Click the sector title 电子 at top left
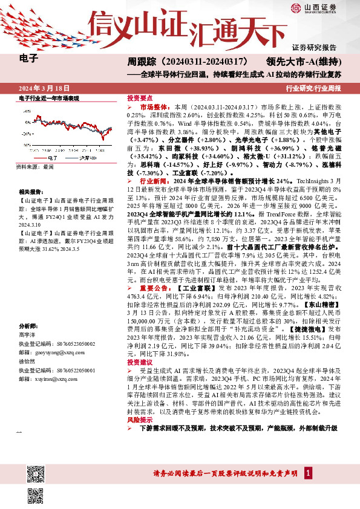coord(28,59)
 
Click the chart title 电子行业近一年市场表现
coord(49,97)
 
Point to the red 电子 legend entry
coord(48,157)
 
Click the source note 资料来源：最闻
coord(35,166)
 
